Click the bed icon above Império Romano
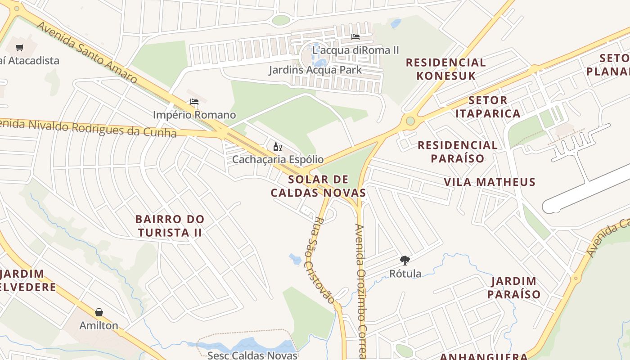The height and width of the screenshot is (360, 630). (x=194, y=102)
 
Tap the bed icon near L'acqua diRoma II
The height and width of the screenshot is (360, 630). (x=355, y=37)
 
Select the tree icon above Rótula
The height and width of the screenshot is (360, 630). (x=405, y=260)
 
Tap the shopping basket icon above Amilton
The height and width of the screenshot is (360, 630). (x=99, y=312)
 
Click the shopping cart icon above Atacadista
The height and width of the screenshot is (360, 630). (x=19, y=47)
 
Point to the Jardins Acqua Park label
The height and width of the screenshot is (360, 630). (x=315, y=70)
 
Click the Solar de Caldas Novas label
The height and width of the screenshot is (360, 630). (x=318, y=186)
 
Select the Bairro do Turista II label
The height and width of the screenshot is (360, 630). (x=170, y=226)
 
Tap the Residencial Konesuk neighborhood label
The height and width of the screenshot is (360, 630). (x=445, y=69)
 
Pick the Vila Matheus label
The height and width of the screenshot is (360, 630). (x=490, y=182)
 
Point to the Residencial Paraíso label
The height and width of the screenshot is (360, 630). (x=458, y=152)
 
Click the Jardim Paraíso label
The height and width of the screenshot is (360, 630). (x=514, y=288)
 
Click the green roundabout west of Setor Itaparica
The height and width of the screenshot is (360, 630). (x=410, y=121)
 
